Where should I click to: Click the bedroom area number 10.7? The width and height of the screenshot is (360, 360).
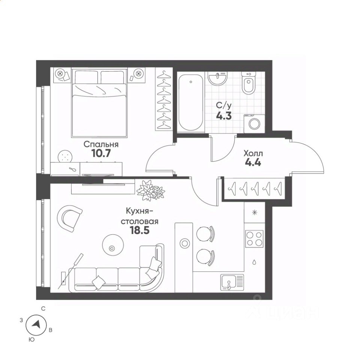click(101, 153)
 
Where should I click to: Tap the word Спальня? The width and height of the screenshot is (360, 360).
click(101, 144)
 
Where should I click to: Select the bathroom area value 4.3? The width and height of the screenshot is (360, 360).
click(224, 115)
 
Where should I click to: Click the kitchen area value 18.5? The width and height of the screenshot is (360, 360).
click(140, 230)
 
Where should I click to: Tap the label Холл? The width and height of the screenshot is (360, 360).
click(253, 153)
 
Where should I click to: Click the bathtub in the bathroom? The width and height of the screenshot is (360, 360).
click(191, 102)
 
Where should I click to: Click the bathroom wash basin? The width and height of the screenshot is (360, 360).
click(217, 78)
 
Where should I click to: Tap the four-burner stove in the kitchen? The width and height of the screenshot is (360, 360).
click(254, 239)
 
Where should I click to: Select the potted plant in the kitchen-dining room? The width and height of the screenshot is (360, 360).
click(151, 190)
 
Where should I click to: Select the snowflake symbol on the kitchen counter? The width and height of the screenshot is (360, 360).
click(254, 212)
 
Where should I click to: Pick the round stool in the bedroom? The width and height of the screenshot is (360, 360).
click(65, 157)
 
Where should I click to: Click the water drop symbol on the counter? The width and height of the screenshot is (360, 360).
click(254, 262)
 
